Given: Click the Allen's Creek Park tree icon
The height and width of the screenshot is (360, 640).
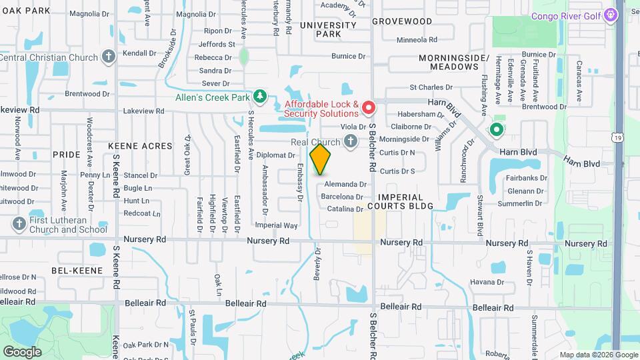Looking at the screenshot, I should (260, 97).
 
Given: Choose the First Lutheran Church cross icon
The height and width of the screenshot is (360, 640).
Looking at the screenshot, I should (18, 224).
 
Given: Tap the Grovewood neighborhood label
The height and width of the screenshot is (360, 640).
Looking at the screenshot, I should (402, 21).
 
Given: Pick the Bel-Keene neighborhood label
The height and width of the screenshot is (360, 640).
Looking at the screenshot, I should (77, 270).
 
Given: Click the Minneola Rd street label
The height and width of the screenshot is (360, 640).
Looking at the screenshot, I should (417, 40).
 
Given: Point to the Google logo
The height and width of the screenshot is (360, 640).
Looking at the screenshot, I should (22, 351).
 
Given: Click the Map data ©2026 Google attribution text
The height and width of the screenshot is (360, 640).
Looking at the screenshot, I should (599, 355).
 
